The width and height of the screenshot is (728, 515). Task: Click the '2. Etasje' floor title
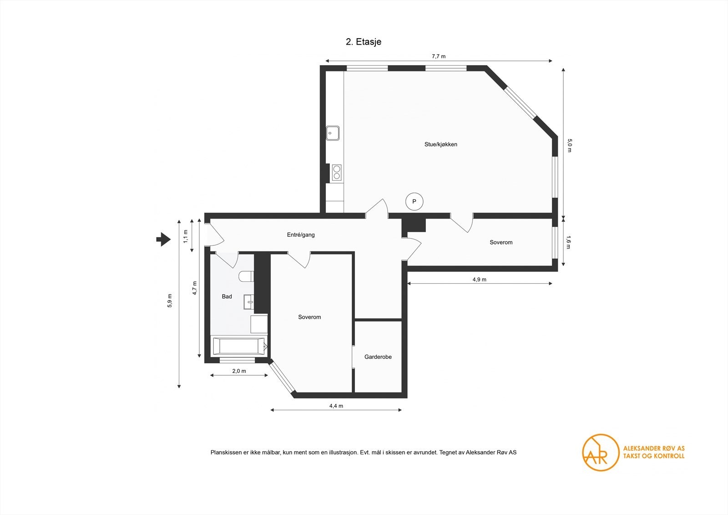(364, 42)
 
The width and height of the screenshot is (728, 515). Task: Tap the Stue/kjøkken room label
(441, 144)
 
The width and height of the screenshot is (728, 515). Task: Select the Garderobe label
(378, 357)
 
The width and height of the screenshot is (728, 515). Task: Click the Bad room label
(227, 296)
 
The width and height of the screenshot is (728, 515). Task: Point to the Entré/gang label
(301, 235)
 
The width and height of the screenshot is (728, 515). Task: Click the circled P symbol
(414, 202)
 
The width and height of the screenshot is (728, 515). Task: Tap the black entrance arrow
(163, 240)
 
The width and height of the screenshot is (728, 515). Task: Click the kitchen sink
(333, 133)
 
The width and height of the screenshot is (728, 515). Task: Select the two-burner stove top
(337, 173)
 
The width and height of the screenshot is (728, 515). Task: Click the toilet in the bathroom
(246, 277)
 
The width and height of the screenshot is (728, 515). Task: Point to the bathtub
(240, 346)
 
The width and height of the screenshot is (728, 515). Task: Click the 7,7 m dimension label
(439, 56)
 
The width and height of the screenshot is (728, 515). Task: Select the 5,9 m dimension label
(170, 301)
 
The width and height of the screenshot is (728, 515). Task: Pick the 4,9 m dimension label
(480, 280)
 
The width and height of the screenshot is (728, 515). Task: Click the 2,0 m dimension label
(239, 371)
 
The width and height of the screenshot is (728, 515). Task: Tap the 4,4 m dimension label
(336, 406)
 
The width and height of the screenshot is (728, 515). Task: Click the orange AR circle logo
(600, 453)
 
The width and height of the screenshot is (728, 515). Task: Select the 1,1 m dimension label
(186, 236)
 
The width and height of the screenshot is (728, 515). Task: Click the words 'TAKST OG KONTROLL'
(653, 456)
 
